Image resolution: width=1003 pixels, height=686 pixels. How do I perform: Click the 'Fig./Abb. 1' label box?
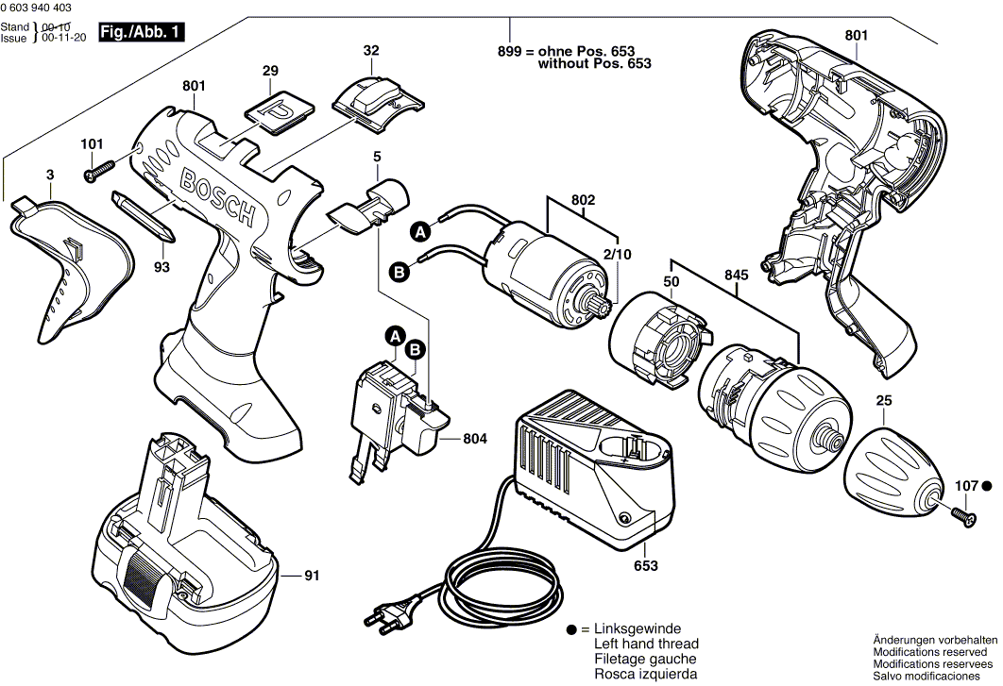141,32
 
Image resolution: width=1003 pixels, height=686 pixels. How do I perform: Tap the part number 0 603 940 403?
42,8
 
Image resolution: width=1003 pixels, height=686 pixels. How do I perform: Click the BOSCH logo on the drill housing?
216,196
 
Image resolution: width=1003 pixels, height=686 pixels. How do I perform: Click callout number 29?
271,71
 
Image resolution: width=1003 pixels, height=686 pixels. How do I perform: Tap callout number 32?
371,50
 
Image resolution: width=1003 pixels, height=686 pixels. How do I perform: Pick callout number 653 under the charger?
646,566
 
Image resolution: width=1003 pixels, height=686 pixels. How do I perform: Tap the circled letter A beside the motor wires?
418,230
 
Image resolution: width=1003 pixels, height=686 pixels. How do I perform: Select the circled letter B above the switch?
415,351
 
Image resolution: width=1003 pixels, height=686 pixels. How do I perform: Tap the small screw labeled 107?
962,514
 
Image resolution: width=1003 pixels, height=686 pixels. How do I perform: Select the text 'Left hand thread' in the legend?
645,644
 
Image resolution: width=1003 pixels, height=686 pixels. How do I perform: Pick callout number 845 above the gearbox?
737,276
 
